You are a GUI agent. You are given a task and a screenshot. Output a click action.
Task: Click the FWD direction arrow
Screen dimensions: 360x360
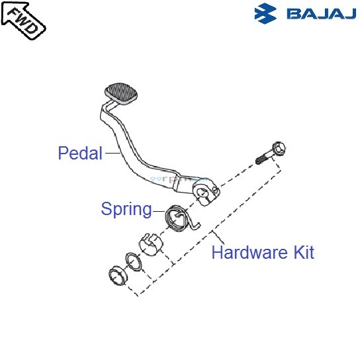(24, 21)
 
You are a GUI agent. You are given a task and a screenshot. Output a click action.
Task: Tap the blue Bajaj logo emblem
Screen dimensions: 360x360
(267, 13)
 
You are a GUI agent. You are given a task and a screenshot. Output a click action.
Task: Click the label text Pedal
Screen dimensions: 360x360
(80, 154)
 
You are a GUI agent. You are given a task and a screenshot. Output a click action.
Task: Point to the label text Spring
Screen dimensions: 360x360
(126, 209)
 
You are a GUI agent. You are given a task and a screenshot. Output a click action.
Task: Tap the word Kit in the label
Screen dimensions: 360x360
(302, 252)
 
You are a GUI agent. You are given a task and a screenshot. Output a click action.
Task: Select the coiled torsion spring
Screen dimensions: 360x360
(177, 218)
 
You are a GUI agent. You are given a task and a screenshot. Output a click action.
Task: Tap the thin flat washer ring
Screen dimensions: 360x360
(133, 262)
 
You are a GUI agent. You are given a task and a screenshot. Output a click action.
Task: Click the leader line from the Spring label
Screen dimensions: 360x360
(159, 211)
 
